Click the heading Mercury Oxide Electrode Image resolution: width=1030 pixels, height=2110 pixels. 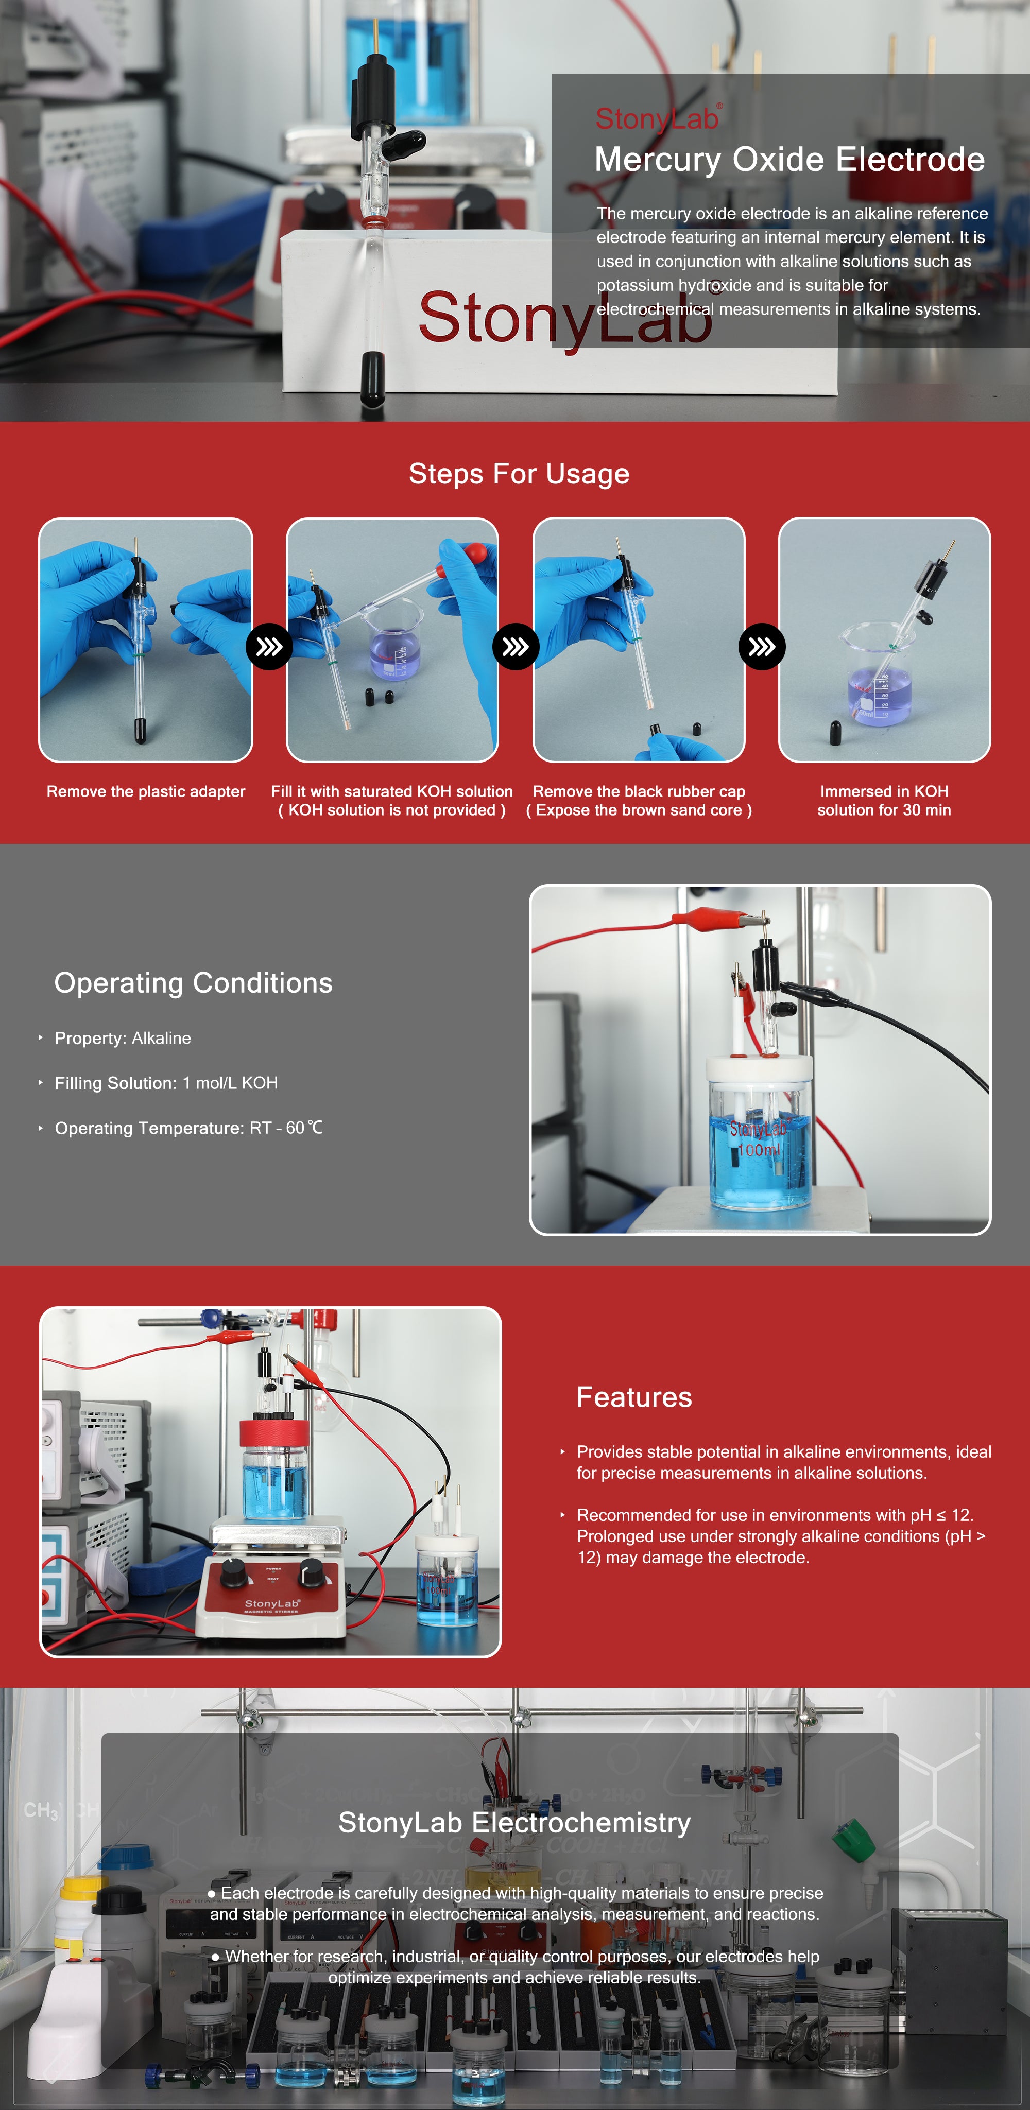(789, 160)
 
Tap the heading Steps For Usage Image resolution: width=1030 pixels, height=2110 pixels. (519, 474)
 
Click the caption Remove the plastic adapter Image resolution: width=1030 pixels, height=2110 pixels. (146, 791)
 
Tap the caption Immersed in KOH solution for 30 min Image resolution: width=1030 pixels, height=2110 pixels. (884, 800)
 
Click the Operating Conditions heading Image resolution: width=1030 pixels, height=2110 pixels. (193, 983)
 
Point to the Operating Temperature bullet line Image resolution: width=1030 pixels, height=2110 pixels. (188, 1128)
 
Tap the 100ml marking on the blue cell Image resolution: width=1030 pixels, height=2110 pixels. (758, 1150)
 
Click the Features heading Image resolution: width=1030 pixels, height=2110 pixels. (634, 1397)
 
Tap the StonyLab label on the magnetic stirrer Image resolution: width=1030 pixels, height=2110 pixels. (272, 1603)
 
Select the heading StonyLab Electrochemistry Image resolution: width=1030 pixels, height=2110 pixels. (514, 1823)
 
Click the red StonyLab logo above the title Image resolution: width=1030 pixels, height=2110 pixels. (659, 119)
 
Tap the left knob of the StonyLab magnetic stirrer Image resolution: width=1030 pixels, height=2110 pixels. (234, 1572)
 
